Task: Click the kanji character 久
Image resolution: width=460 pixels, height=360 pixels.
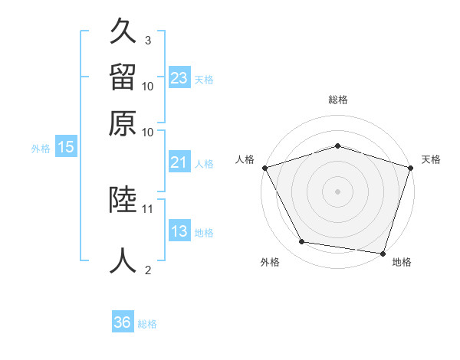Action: [x=124, y=31]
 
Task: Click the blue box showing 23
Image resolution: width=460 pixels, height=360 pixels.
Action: [x=179, y=78]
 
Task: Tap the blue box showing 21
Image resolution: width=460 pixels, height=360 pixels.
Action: [x=179, y=162]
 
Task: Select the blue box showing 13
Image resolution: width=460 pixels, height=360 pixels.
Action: [x=179, y=231]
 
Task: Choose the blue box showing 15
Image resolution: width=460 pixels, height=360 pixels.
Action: [x=66, y=147]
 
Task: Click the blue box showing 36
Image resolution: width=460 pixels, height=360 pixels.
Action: [x=123, y=322]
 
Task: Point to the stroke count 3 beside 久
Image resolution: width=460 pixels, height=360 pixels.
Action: [x=148, y=40]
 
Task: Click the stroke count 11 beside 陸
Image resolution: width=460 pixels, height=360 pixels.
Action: [x=148, y=208]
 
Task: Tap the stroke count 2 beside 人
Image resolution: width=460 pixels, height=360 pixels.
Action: [x=148, y=269]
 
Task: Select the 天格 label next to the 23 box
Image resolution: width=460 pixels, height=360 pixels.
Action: [x=204, y=79]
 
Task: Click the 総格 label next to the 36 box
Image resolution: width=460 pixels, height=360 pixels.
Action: [x=147, y=324]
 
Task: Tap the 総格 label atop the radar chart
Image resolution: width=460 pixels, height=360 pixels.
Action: [x=337, y=100]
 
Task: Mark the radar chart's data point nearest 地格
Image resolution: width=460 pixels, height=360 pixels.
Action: [x=383, y=253]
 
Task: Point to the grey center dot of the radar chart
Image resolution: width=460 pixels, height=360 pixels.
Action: [x=337, y=191]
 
